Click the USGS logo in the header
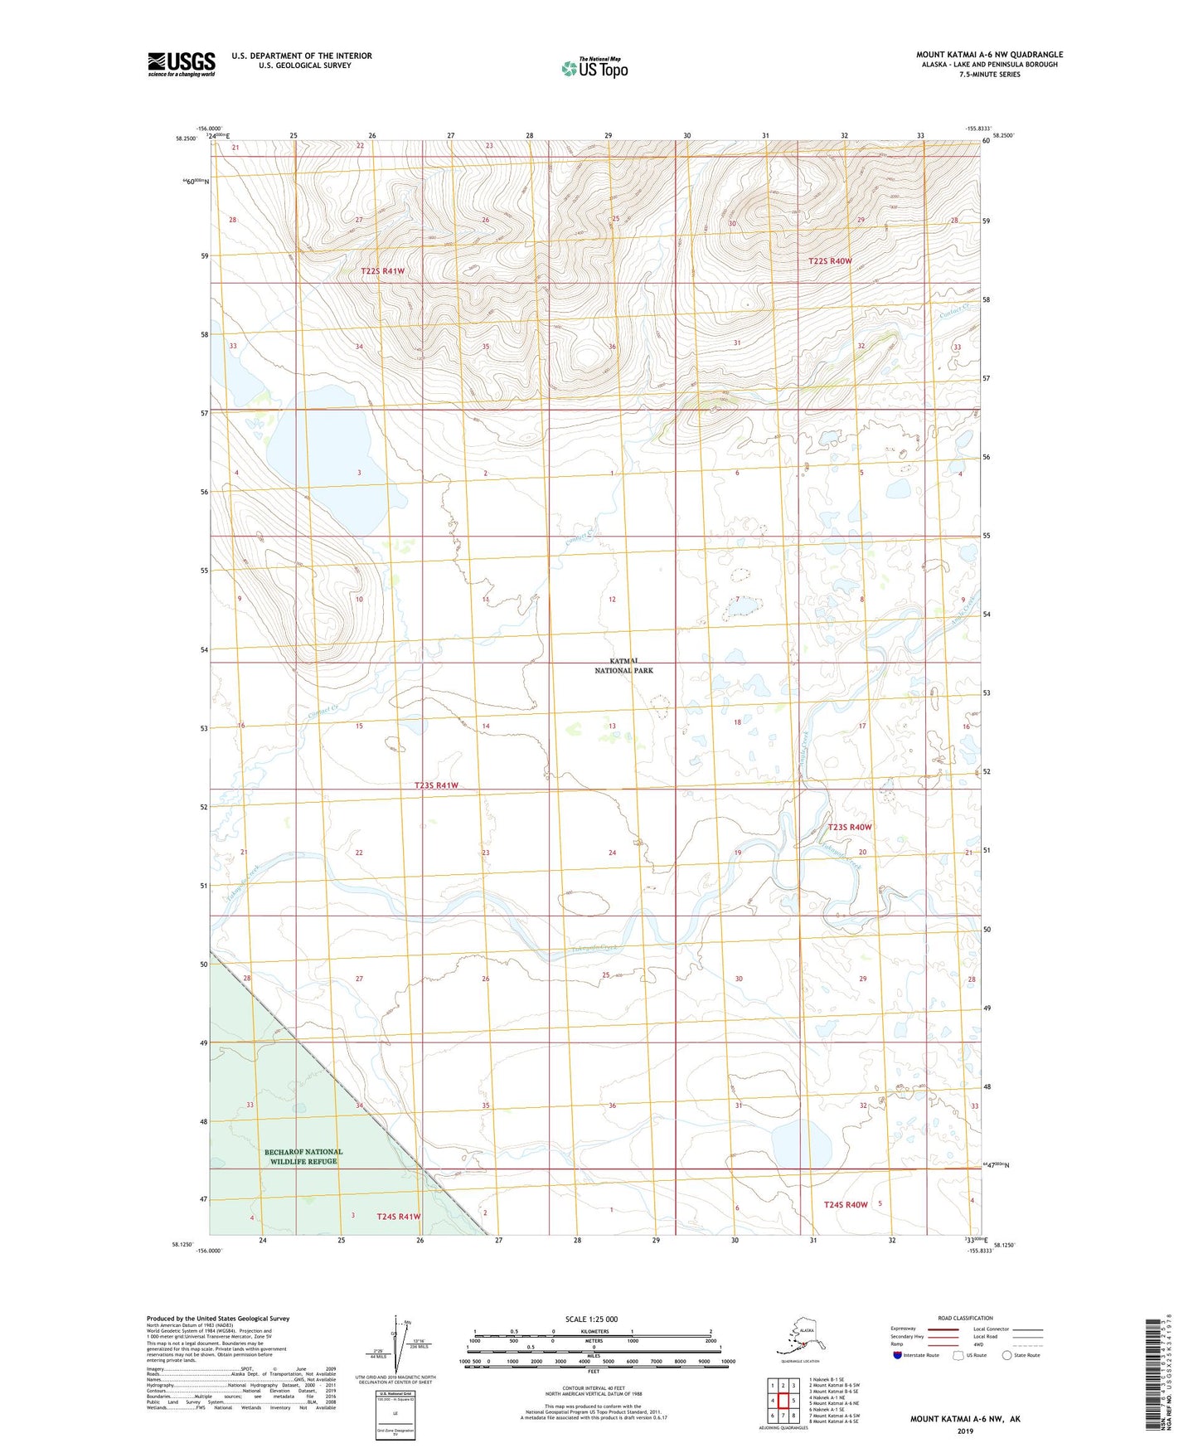click(x=181, y=64)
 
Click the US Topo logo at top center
click(x=594, y=67)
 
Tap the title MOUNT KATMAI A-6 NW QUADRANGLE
click(x=989, y=55)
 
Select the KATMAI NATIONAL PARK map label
click(x=623, y=666)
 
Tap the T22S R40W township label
click(x=830, y=261)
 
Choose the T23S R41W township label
click(x=436, y=785)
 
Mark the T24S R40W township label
click(x=846, y=1204)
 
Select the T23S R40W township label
click(x=850, y=827)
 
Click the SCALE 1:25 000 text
click(x=592, y=1319)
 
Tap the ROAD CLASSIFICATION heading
click(x=964, y=1318)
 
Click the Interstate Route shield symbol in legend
click(x=898, y=1355)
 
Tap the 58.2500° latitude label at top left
click(x=186, y=138)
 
